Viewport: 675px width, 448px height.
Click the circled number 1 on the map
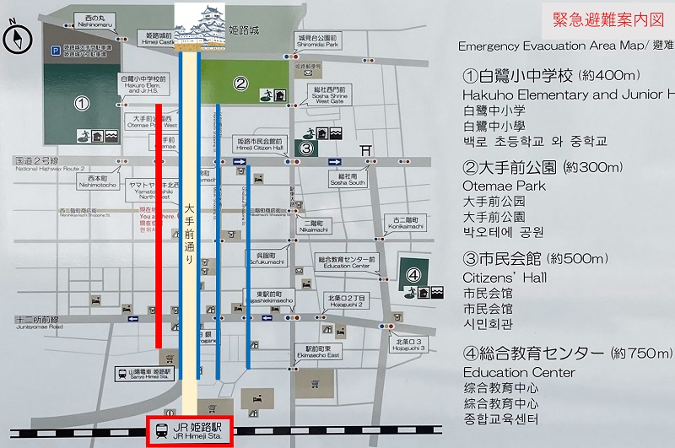pyautogui.click(x=81, y=104)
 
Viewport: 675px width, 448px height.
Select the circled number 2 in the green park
pyautogui.click(x=240, y=83)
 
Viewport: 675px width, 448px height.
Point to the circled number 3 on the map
pyautogui.click(x=307, y=149)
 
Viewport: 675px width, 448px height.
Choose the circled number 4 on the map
pyautogui.click(x=413, y=274)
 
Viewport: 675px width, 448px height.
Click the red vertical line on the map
pyautogui.click(x=159, y=224)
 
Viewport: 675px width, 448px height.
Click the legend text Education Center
pyautogui.click(x=519, y=372)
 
